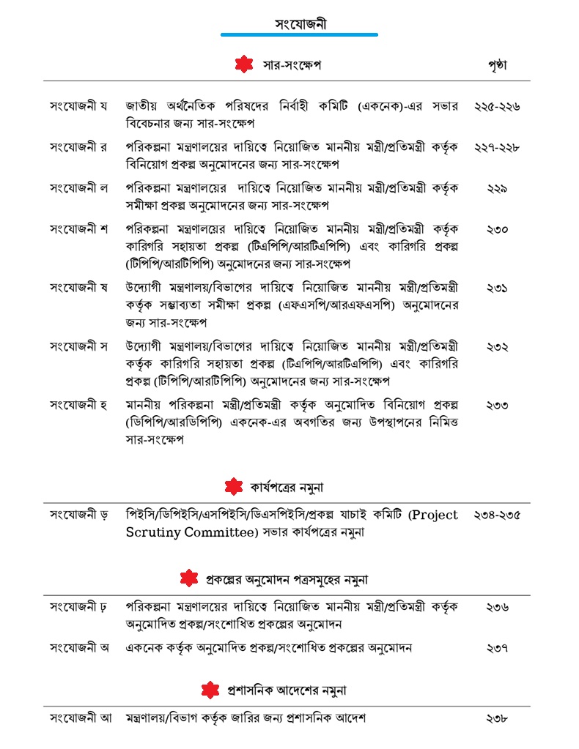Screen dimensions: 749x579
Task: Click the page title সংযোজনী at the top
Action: (x=300, y=23)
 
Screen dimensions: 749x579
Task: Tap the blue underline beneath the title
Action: (x=299, y=34)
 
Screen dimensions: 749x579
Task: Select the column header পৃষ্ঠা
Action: (x=497, y=65)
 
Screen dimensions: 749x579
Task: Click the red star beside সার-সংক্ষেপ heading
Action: (x=244, y=65)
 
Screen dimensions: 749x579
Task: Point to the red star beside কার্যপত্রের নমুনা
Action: (x=233, y=486)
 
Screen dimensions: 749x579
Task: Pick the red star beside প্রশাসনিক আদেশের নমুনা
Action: (x=210, y=690)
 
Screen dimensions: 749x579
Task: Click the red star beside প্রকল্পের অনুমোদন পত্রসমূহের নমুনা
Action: (x=189, y=578)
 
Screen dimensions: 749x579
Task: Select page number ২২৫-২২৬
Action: (x=497, y=106)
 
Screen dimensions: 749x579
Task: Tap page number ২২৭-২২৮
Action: (x=497, y=147)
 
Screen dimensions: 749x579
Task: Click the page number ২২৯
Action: (x=497, y=188)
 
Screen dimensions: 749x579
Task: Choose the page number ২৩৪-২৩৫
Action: (x=497, y=515)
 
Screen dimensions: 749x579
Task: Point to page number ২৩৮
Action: (x=497, y=718)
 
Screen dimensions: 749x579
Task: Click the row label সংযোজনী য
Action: (x=78, y=106)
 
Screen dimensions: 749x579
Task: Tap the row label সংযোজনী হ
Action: (x=78, y=404)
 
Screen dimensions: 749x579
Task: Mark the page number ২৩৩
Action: (x=497, y=405)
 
